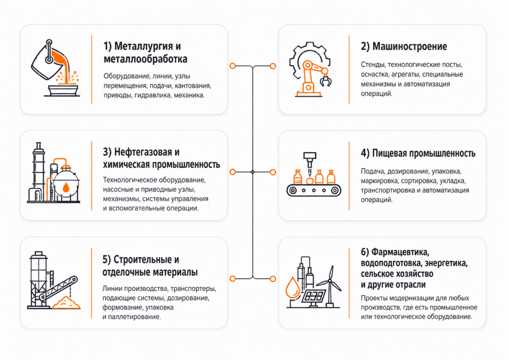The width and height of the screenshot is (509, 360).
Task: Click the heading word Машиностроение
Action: [410, 46]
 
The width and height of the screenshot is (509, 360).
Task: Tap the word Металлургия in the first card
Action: [143, 46]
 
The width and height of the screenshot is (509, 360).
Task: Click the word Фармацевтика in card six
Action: [400, 252]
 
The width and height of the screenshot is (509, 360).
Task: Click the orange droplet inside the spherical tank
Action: [66, 187]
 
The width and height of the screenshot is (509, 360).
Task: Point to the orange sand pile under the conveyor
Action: [66, 303]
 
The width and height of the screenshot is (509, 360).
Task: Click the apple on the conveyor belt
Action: [310, 181]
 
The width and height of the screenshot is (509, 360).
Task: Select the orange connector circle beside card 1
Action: [232, 66]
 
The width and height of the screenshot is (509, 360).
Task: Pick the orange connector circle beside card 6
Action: [273, 279]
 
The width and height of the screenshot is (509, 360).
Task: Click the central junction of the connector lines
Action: [253, 172]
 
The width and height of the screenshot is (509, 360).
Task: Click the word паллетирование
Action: [134, 317]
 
